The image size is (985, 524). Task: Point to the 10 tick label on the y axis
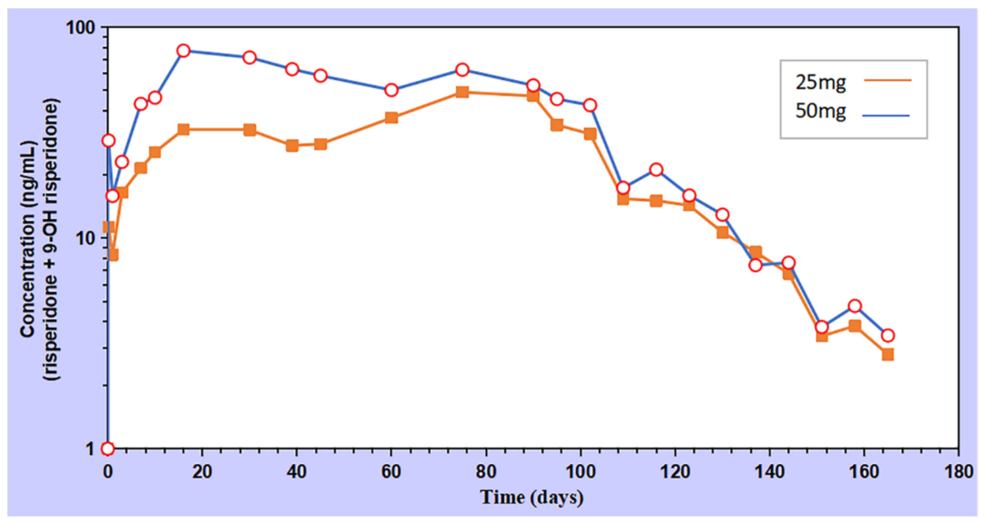pos(85,239)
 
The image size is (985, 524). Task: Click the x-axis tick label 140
pos(769,472)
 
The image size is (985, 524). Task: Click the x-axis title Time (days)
pos(531,497)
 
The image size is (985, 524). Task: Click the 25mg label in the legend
pos(821,82)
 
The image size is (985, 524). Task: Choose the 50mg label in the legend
pos(821,111)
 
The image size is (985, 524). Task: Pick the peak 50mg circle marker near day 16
pos(183,51)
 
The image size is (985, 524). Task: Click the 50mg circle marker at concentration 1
pos(108,449)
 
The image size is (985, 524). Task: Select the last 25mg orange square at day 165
pos(888,355)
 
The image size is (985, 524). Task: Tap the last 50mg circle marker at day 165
pos(888,336)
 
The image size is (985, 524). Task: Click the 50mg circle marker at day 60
pos(391,90)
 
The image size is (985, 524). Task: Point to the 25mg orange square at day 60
pos(391,117)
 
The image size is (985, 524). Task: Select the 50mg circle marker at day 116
pos(656,170)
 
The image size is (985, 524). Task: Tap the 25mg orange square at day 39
pos(292,146)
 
